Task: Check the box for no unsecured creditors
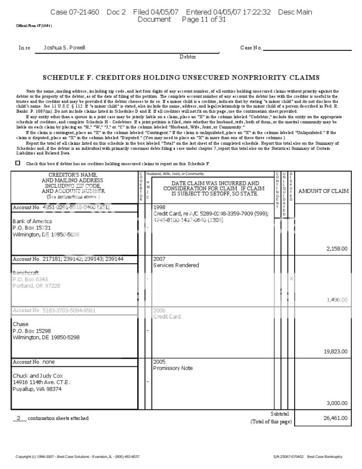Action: pos(18,163)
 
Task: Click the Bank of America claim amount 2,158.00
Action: pos(338,249)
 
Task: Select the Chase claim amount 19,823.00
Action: pos(336,352)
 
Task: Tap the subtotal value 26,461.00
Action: pos(336,418)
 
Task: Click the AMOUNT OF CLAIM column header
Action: pos(323,191)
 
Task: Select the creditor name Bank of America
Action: pos(32,221)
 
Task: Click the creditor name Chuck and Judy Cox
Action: pos(38,376)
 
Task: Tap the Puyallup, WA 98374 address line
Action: pos(37,389)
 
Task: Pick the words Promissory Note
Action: pos(173,368)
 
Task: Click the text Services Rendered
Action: pos(176,265)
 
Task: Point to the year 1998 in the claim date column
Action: pos(159,207)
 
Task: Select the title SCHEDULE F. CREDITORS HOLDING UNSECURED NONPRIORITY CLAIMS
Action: pos(181,77)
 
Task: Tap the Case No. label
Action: pos(251,48)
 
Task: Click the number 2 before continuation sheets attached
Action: pos(19,418)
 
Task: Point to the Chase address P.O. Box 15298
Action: pos(32,331)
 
